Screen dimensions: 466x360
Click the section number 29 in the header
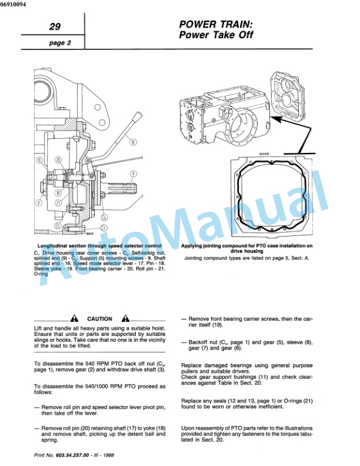point(55,26)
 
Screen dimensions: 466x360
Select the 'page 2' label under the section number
point(59,43)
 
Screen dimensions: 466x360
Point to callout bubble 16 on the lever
point(132,142)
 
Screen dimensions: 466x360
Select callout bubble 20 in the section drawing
point(58,160)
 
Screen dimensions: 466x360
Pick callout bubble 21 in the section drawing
point(58,203)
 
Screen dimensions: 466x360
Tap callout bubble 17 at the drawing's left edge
point(38,203)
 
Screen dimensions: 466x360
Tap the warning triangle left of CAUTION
point(74,318)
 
